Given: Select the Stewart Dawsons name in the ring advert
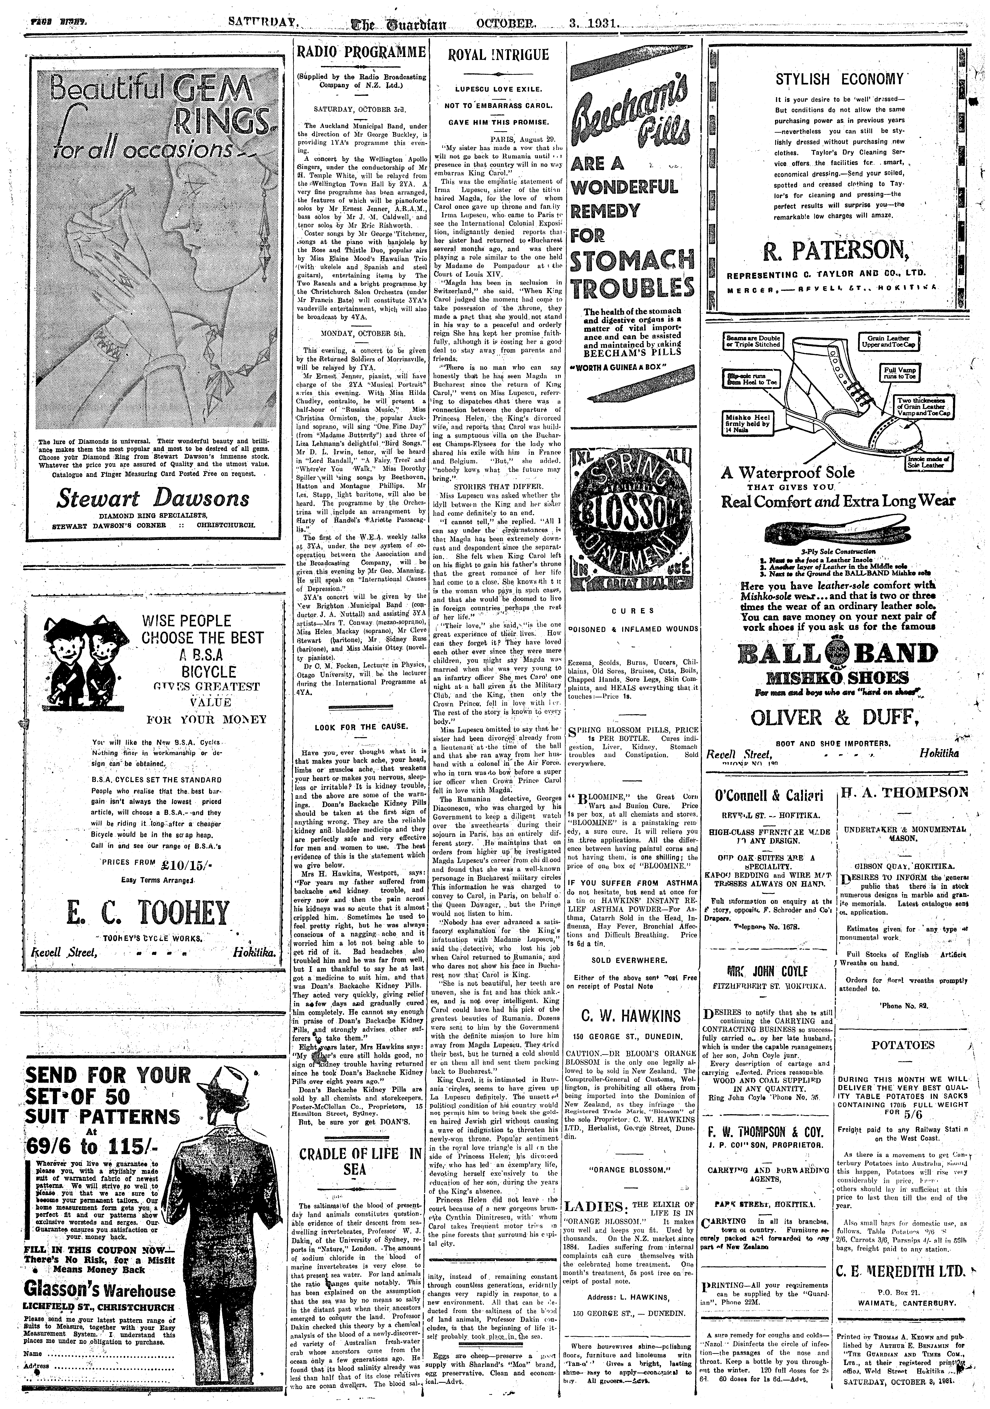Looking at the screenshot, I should pos(153,498).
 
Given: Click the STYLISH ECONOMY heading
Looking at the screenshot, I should pos(839,79).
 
